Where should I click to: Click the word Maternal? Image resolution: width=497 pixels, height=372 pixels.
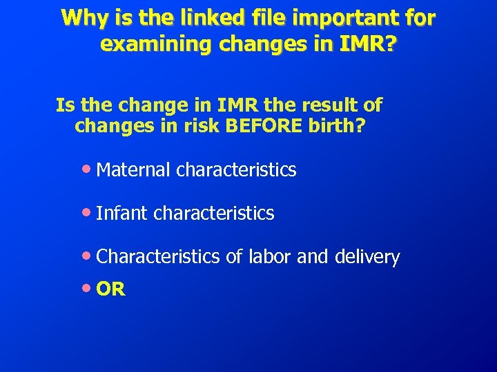tap(134, 170)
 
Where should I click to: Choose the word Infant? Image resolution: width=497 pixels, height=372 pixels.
tap(122, 214)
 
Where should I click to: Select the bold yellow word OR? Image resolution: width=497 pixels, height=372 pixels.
tap(111, 289)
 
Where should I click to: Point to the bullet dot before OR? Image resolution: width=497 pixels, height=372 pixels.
tap(86, 288)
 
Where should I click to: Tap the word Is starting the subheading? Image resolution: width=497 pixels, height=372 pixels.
tap(65, 106)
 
